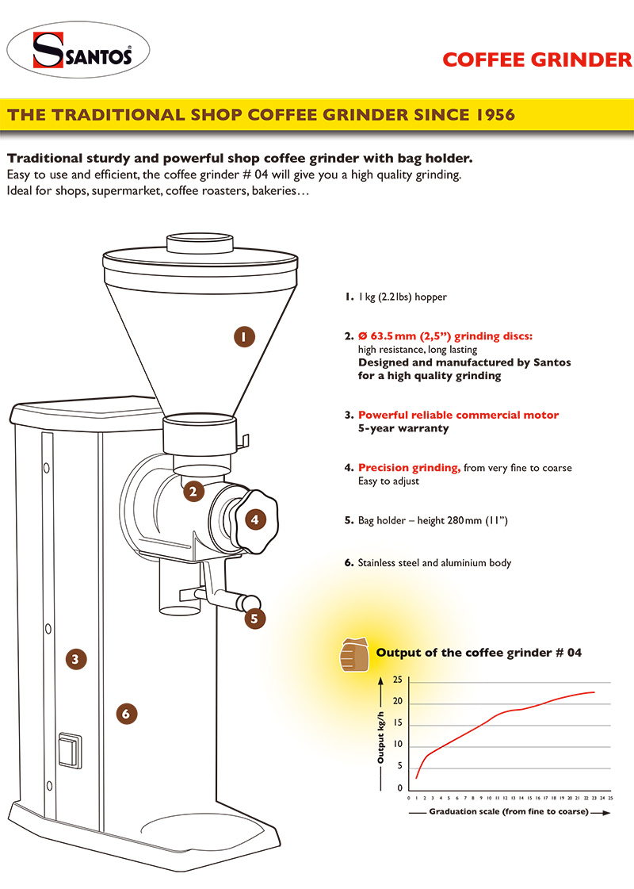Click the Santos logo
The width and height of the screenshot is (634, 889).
[78, 50]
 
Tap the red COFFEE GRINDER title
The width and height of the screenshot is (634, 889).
[537, 59]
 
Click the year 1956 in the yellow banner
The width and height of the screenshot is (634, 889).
[495, 114]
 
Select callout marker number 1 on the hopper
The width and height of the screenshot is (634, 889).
[244, 336]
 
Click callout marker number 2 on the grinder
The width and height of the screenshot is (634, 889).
[193, 491]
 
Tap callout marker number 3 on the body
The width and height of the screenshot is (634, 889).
[76, 659]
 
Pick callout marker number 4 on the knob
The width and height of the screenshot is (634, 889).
[255, 519]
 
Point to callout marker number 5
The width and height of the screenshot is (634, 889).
[254, 619]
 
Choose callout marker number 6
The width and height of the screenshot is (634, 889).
[126, 713]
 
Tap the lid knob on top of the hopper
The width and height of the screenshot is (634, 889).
[200, 243]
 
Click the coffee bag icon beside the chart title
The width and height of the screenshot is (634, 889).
[354, 655]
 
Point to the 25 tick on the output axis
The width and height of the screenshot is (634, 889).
[398, 679]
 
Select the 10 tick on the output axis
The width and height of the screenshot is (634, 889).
[398, 744]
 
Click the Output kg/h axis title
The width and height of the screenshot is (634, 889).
[380, 737]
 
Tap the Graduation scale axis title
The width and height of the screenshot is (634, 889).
[509, 811]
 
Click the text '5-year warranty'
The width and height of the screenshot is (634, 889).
[403, 428]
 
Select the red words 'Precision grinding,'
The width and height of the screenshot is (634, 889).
[409, 468]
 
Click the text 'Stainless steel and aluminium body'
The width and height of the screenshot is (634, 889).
[434, 563]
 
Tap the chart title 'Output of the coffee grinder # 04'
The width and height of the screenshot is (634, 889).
[479, 653]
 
